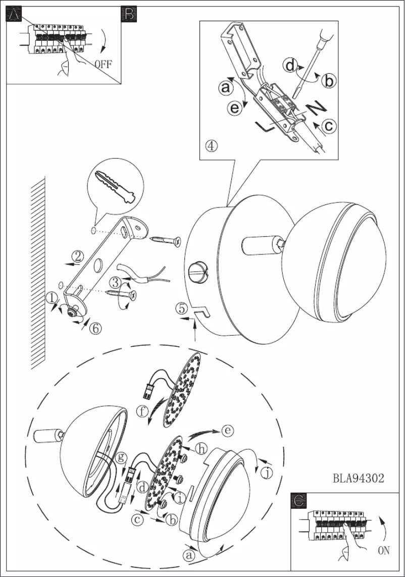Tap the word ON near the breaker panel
coord(384,550)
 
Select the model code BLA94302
coord(359,478)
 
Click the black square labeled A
coord(14,15)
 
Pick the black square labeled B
coord(129,15)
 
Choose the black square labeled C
coord(299,500)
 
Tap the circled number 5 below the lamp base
coord(182,308)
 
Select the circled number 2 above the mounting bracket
coord(77,256)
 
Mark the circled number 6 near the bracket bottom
coord(95,328)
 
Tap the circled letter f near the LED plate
coord(143,411)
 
